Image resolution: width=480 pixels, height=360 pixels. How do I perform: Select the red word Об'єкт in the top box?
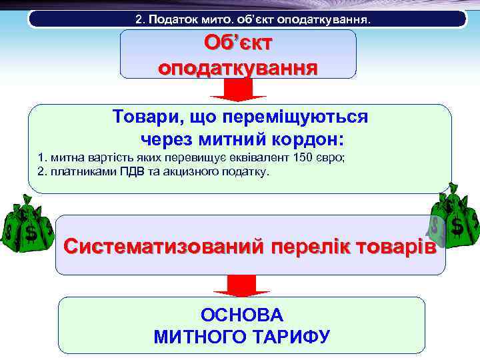pyautogui.click(x=238, y=43)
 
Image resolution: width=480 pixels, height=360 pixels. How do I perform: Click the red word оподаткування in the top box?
pyautogui.click(x=238, y=67)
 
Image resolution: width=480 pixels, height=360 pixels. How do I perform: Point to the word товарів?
pyautogui.click(x=394, y=246)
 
